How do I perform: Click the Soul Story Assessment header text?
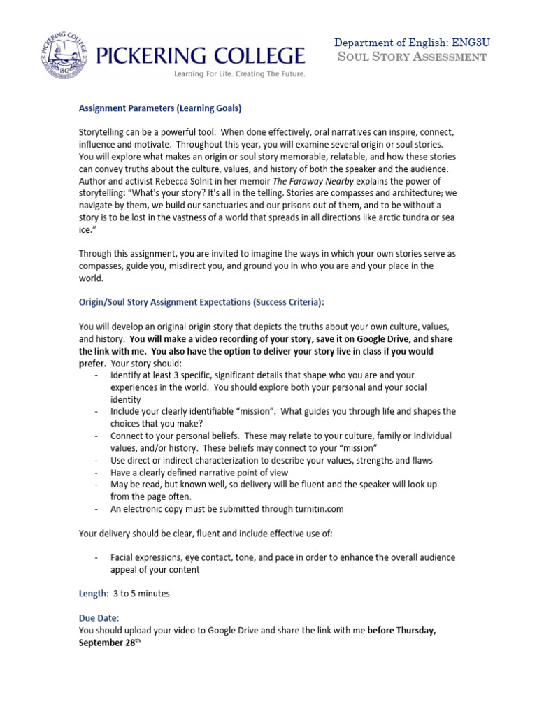click(411, 57)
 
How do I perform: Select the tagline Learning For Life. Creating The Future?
click(234, 73)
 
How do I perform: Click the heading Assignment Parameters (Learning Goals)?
click(160, 108)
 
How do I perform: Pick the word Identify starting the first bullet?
click(127, 375)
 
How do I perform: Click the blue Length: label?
click(94, 594)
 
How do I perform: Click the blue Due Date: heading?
click(99, 618)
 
